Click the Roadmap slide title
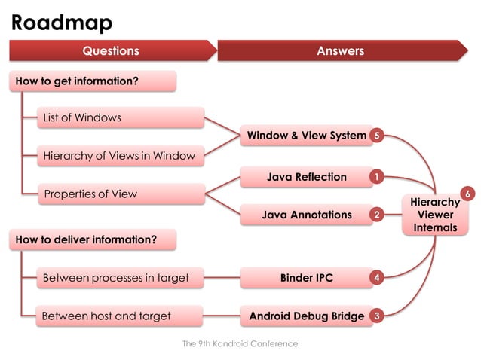pos(62,23)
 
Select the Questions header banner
pos(112,51)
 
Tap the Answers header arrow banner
pos(341,51)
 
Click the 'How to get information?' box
pos(93,81)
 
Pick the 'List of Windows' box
pos(121,117)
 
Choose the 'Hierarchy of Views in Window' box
pos(121,156)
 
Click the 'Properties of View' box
pos(121,194)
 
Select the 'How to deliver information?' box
pos(93,239)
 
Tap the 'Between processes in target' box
pos(121,278)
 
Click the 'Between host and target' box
pos(121,316)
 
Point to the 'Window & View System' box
pos(306,136)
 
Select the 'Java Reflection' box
pos(306,177)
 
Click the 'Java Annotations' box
pos(306,215)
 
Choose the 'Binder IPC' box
pos(306,278)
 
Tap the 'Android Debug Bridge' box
pos(306,316)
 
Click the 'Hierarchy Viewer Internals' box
pos(435,215)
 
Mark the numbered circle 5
pos(376,136)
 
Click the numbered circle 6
pos(467,194)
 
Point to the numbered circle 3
pos(376,316)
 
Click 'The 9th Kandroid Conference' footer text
pos(240,343)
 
